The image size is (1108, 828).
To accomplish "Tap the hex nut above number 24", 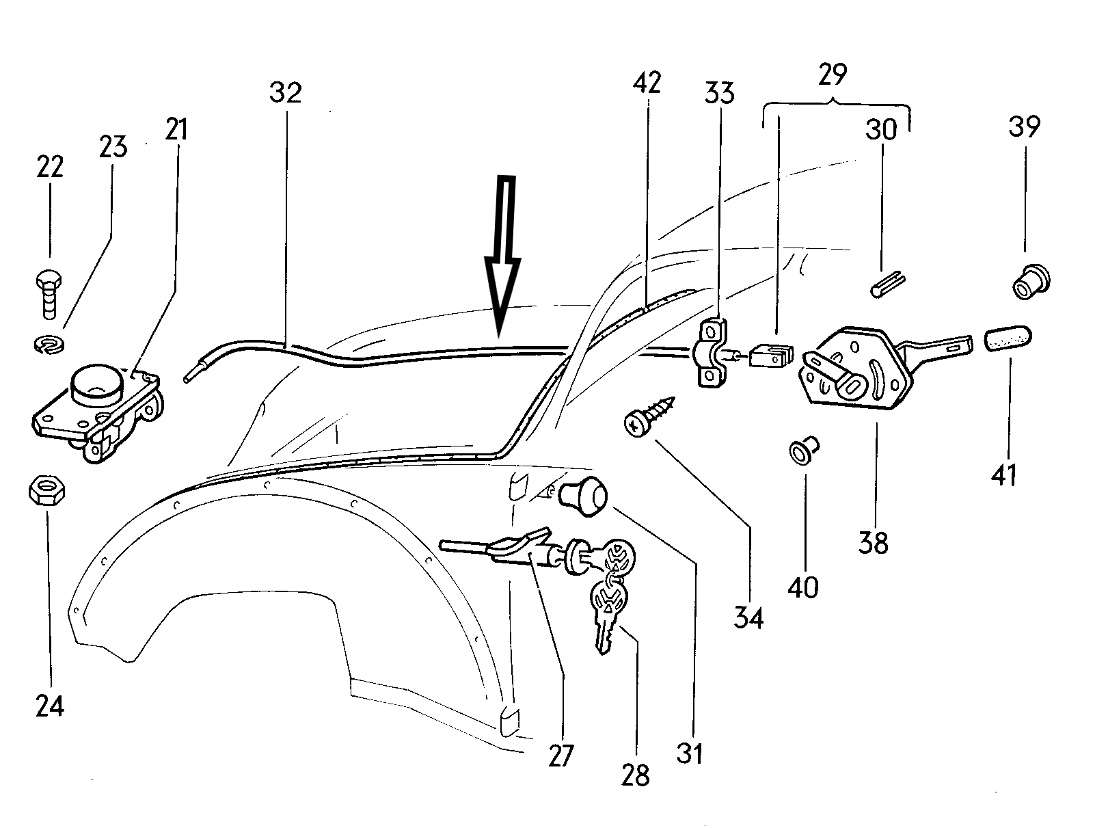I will click(46, 490).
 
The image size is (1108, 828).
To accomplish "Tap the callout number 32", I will click(286, 92).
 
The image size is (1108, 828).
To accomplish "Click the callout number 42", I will click(647, 83).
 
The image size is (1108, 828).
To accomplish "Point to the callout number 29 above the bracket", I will click(832, 74).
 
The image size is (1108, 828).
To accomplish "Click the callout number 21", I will click(176, 129).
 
